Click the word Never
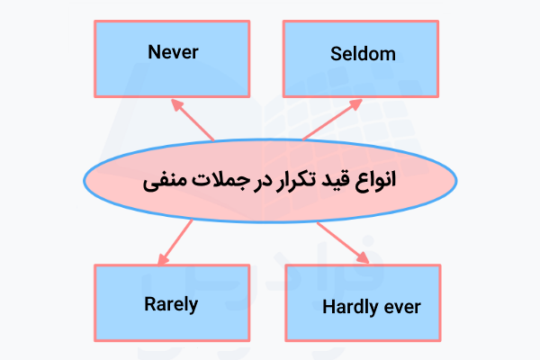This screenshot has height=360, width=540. (x=173, y=51)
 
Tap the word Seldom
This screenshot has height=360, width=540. (x=363, y=54)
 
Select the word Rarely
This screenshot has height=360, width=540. (x=170, y=303)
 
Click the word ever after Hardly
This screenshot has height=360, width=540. (x=401, y=307)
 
